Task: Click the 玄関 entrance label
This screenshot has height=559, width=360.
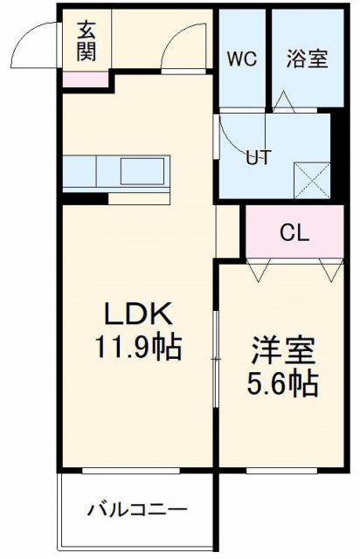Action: [87, 41]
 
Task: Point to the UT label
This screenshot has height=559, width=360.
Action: [257, 158]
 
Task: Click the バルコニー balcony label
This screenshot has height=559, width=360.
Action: [137, 509]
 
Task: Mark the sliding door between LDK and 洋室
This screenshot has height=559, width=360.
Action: [216, 357]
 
